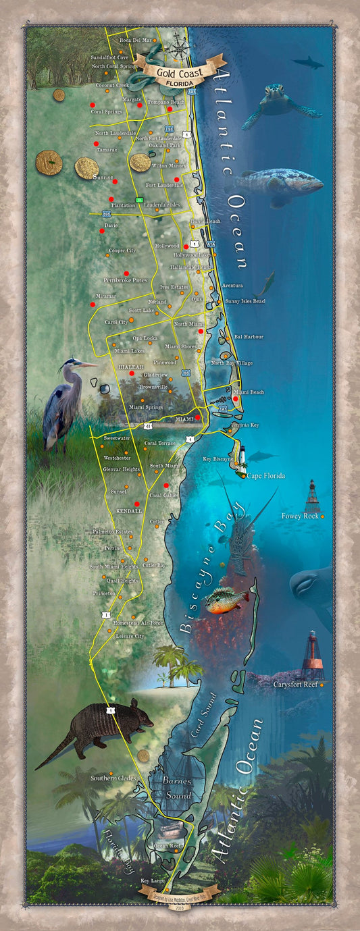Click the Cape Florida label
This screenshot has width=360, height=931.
tap(266, 476)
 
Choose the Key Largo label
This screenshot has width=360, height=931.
tap(153, 881)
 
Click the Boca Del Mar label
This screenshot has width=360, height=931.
tap(136, 41)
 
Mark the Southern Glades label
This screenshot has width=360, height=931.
tap(113, 778)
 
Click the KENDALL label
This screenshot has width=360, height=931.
tap(129, 511)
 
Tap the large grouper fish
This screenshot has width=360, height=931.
tap(280, 184)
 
